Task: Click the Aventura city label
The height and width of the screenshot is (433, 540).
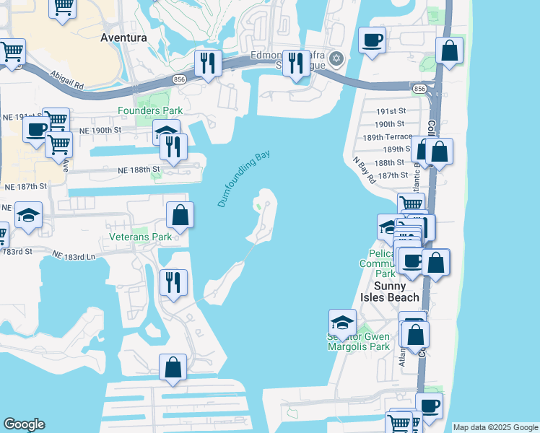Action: (124, 37)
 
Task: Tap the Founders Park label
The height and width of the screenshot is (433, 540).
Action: (150, 110)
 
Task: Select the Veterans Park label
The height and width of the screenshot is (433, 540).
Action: (140, 236)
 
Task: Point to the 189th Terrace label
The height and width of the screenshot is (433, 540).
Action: (387, 136)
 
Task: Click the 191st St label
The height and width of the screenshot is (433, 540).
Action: (391, 112)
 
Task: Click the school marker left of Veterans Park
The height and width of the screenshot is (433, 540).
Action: (29, 215)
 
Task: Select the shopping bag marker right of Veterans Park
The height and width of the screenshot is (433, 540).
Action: (180, 214)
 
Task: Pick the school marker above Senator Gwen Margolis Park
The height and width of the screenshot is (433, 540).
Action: (342, 321)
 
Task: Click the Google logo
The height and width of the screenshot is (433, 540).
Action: (24, 424)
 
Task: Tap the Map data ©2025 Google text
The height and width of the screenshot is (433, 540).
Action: (495, 427)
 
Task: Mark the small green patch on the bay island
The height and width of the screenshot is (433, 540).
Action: (258, 207)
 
